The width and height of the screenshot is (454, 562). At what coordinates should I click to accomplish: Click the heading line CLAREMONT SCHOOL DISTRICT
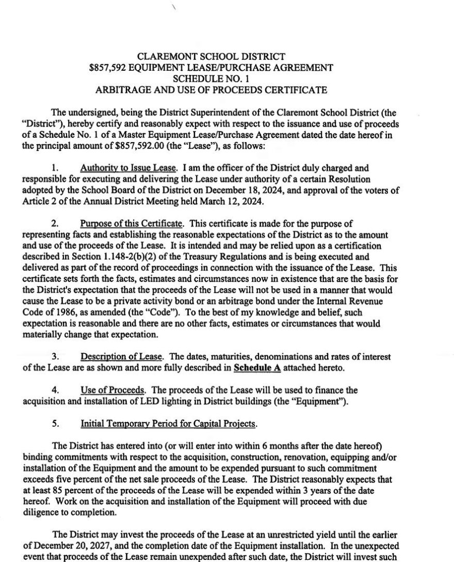[211, 57]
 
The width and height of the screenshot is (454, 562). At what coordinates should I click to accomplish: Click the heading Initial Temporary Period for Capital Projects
[168, 424]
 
